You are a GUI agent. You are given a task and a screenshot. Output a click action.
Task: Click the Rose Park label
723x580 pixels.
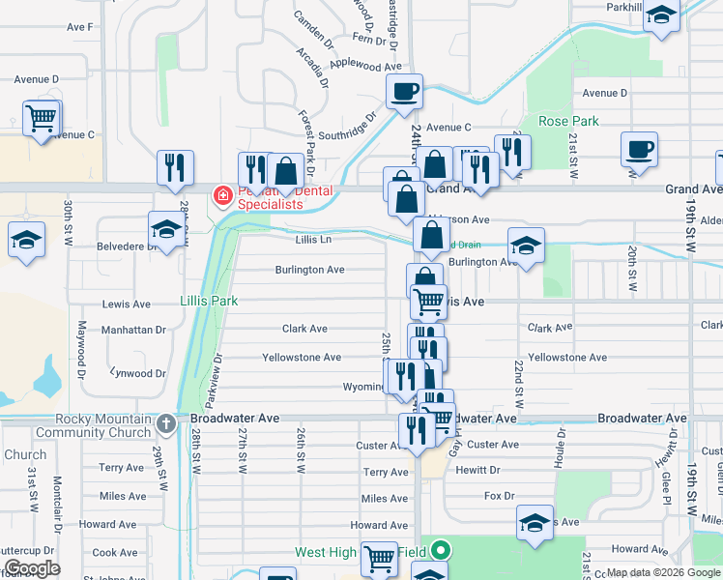[x=568, y=121]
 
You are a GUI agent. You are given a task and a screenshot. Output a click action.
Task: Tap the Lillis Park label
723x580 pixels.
[x=209, y=301]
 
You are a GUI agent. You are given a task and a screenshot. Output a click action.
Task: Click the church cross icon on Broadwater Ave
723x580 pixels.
[x=166, y=422]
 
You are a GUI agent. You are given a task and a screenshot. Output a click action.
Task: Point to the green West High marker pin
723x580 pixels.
[x=441, y=552]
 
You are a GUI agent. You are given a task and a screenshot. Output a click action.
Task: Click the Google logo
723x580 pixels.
[x=31, y=568]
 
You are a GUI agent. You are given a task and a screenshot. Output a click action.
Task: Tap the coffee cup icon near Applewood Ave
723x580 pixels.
[x=404, y=91]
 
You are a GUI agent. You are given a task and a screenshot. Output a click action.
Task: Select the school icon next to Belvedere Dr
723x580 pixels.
[x=167, y=229]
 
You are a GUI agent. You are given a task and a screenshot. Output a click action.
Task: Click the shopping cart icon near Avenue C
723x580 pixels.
[x=42, y=118]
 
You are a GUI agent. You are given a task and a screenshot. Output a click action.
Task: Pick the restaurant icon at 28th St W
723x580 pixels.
[x=175, y=166]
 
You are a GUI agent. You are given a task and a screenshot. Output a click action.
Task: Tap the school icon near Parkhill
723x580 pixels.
[x=662, y=15]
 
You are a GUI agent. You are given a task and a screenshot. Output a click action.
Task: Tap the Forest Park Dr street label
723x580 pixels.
[x=307, y=143]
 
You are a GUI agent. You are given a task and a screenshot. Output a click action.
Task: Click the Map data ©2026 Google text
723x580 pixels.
[x=662, y=572]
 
